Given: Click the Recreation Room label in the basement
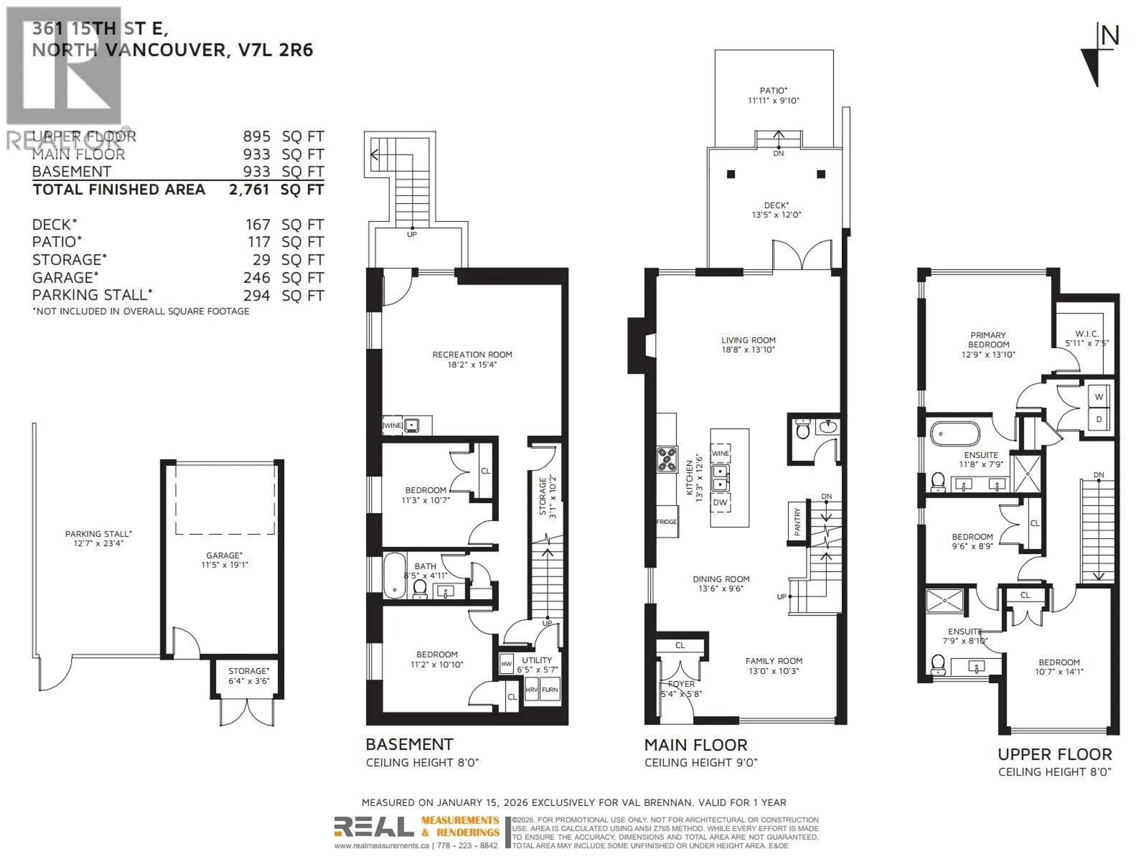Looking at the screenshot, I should pos(472,355).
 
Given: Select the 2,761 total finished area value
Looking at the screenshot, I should pos(249,190).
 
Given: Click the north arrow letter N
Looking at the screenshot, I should pos(1110,36).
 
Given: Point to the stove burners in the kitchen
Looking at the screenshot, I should pos(667,459).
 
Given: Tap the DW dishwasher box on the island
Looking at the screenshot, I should pos(720,502).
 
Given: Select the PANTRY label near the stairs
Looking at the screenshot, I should pos(797,522).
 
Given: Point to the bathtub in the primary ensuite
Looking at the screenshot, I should pos(955,434).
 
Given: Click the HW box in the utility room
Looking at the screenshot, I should pos(506,664).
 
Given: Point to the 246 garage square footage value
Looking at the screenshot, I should pos(257,278).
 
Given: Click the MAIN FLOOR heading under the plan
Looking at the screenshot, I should pos(695,745).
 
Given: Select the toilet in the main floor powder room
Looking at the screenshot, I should pos(802,430).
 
